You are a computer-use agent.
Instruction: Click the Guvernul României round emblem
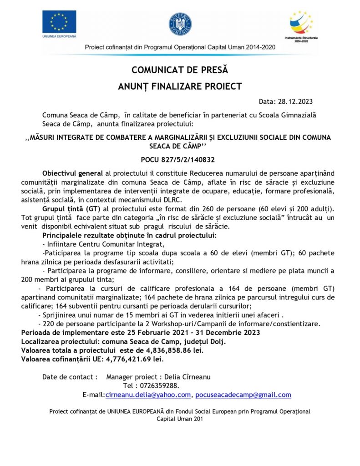[180, 24]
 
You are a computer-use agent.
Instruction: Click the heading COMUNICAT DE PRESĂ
[179, 70]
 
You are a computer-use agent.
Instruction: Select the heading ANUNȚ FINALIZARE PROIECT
[179, 86]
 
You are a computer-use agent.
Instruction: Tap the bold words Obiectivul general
[73, 173]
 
